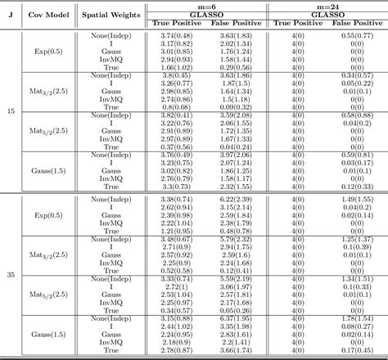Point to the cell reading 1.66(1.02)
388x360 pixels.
pos(176,65)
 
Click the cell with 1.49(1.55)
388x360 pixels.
pos(356,198)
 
